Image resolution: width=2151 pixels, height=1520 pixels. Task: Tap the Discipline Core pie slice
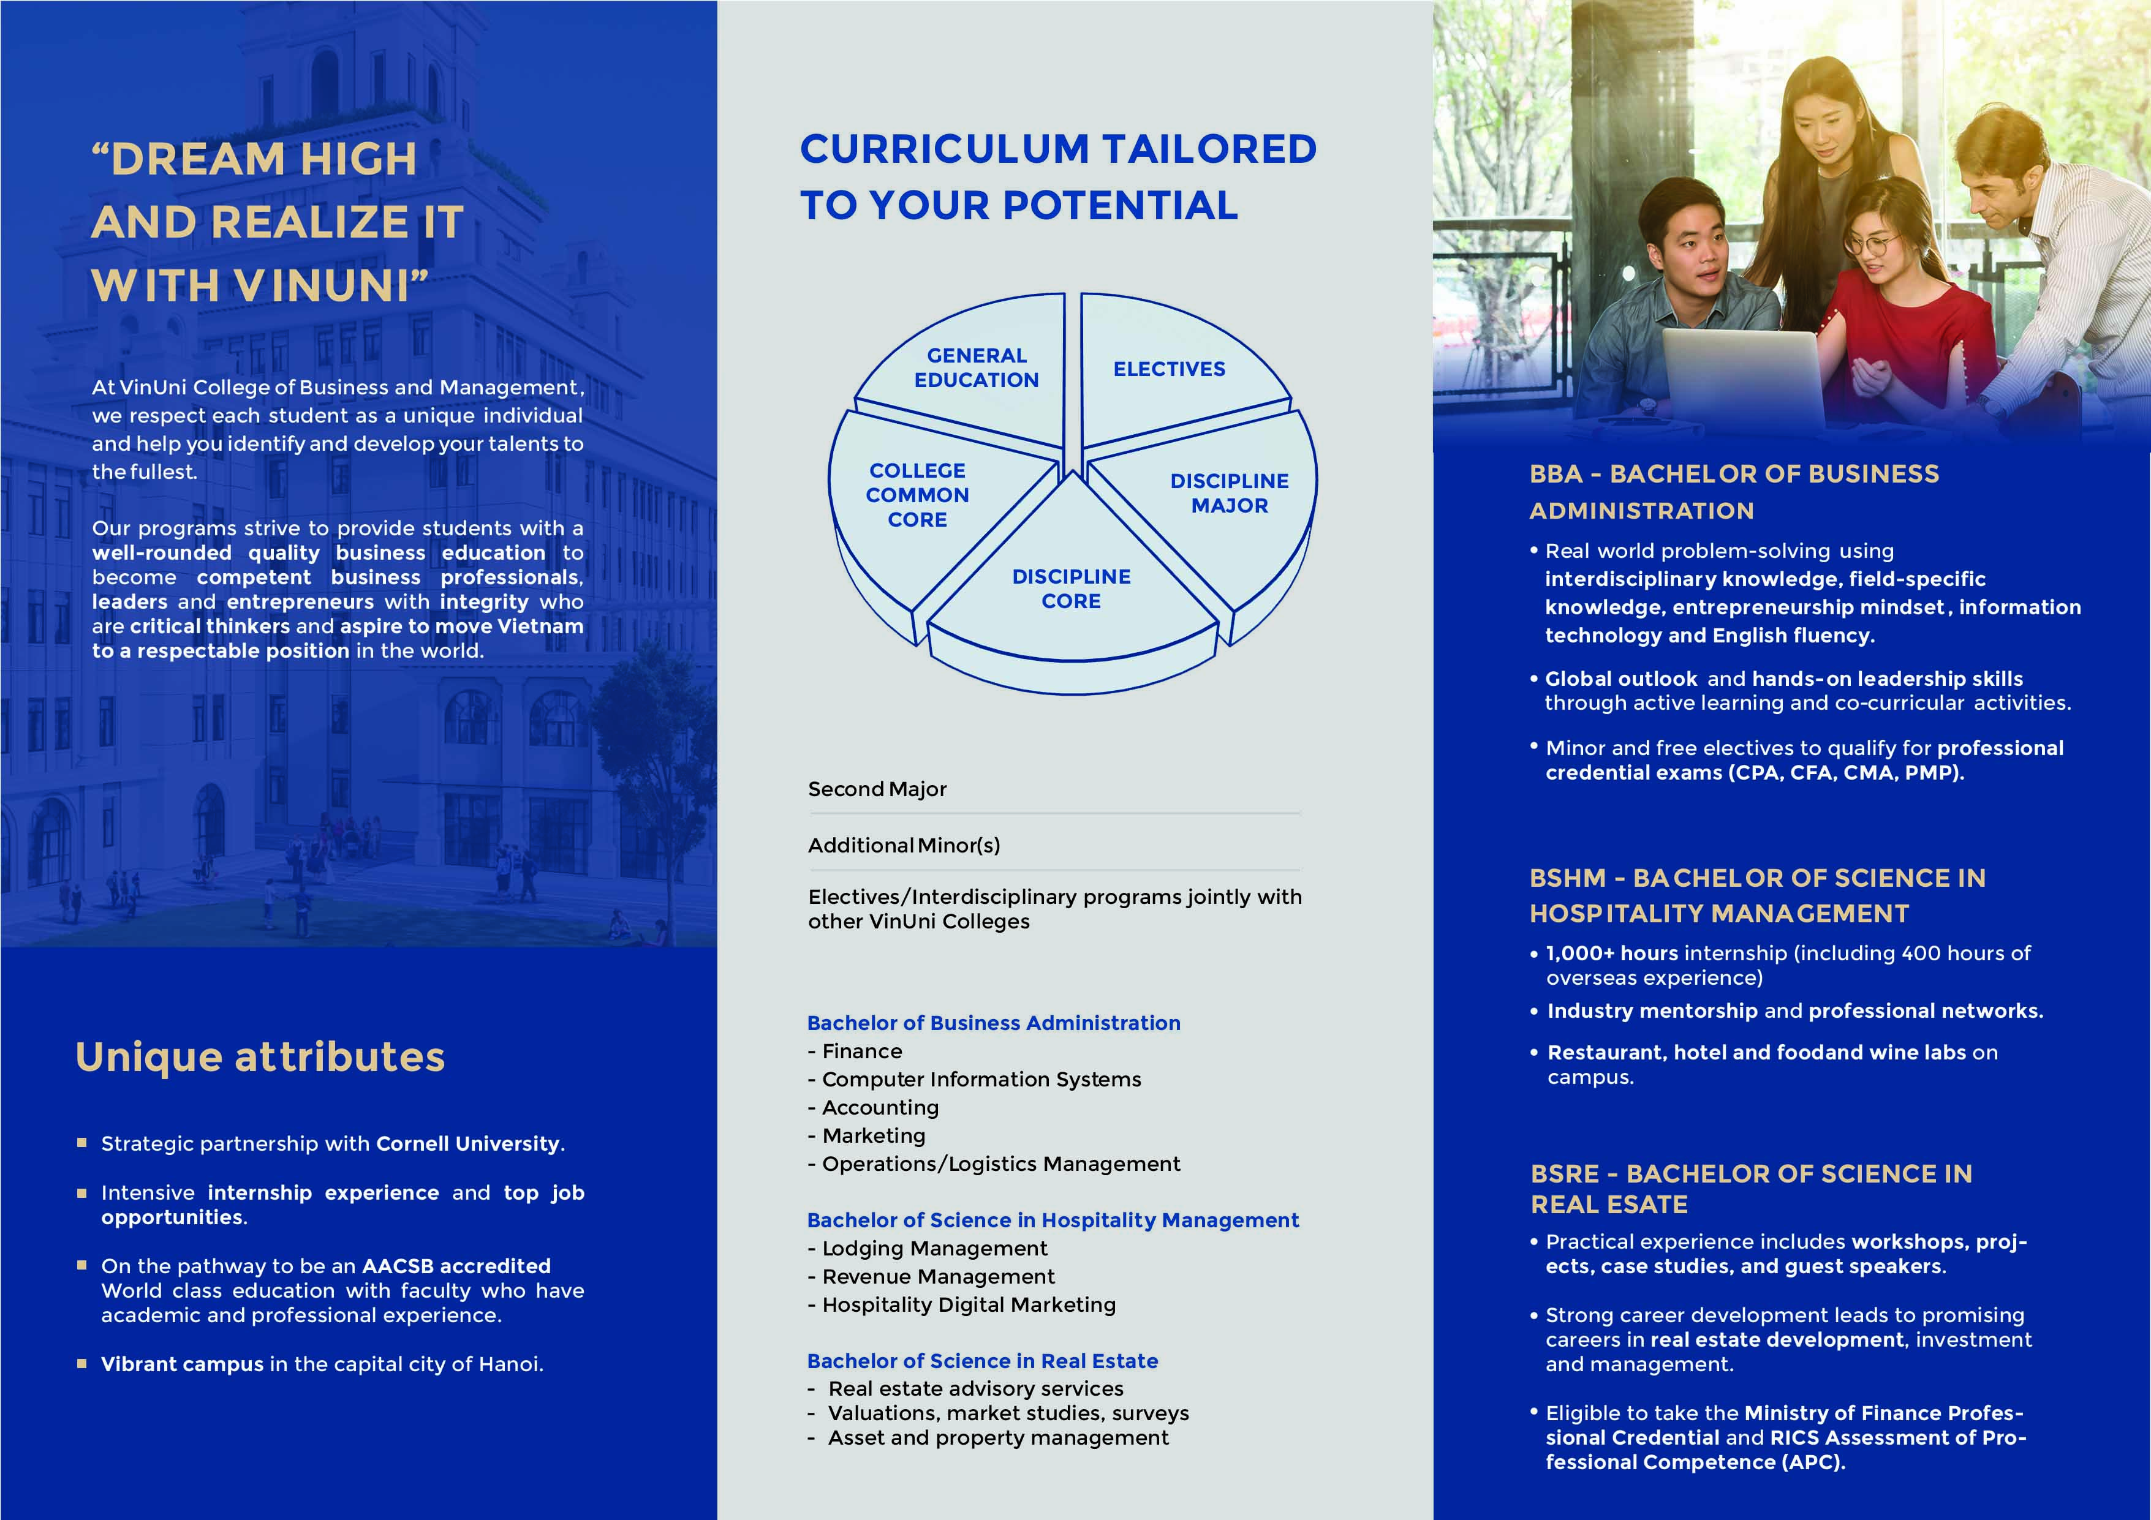(1071, 589)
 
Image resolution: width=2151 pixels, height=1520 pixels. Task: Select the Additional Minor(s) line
(904, 846)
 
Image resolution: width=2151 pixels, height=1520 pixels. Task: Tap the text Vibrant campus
(183, 1364)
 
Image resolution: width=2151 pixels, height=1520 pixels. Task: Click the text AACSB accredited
(456, 1266)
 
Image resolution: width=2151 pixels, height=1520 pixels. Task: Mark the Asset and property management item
(998, 1439)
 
